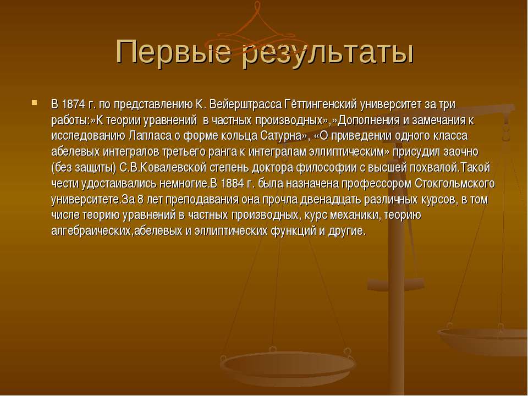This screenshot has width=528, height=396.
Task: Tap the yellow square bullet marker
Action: [34, 102]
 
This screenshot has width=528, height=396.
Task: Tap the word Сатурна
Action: [284, 136]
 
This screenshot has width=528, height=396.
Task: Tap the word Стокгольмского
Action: [455, 184]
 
